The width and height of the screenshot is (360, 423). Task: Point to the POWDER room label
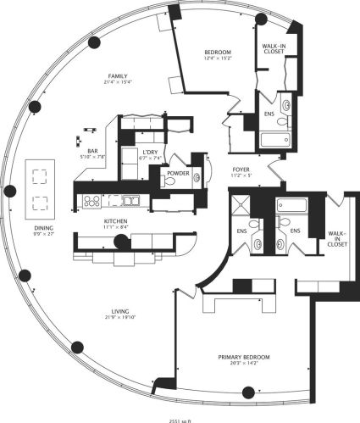point(177,172)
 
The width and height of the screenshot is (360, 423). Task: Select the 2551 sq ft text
point(180,419)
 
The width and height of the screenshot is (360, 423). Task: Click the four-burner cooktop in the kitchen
point(91,201)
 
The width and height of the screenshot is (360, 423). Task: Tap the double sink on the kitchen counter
point(130,201)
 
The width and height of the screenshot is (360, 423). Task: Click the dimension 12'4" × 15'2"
point(218,59)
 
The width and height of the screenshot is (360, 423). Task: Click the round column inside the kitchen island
point(120,242)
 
